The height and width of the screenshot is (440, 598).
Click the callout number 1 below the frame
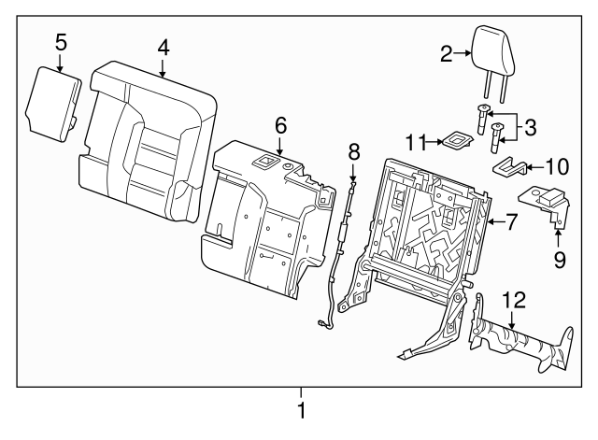301,410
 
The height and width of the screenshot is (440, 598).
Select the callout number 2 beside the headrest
447,54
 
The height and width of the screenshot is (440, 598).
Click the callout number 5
60,41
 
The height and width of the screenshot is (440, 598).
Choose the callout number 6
280,124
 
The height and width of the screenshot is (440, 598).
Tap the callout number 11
418,142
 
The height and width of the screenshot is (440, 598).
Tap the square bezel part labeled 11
455,141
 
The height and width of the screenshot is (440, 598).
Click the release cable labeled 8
340,252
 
